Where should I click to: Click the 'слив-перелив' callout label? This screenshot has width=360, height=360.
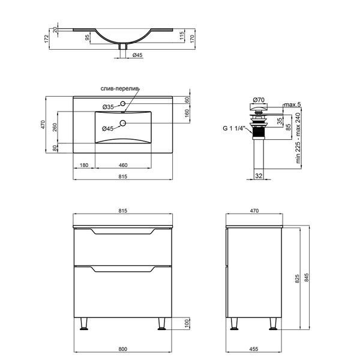point(120,89)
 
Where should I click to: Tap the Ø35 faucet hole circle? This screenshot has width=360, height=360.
point(123,104)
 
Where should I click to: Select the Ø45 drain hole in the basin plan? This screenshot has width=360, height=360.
point(123,123)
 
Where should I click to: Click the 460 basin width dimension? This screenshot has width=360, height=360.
point(123,165)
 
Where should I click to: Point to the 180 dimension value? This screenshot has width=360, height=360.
point(84,165)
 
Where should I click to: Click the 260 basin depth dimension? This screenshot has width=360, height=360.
point(55,127)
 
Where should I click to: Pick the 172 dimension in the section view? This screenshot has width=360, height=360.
point(46,39)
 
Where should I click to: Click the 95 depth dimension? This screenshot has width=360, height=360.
point(87,37)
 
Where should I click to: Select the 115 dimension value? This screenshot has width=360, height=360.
point(182,36)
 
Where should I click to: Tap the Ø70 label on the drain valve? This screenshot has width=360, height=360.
point(259,100)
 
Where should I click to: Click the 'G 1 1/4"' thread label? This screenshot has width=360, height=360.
point(234,128)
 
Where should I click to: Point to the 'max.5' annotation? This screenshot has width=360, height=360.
point(292,104)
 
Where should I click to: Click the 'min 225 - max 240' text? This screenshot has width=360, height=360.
point(298,138)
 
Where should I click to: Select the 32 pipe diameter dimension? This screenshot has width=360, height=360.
point(259,176)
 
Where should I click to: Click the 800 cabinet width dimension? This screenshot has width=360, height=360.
point(123,349)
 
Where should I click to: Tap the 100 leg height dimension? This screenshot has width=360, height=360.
point(187,323)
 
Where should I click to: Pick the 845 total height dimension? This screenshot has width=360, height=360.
point(306,277)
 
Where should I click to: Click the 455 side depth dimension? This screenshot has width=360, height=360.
point(254,349)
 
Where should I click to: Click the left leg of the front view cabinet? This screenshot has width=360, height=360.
point(84,324)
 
